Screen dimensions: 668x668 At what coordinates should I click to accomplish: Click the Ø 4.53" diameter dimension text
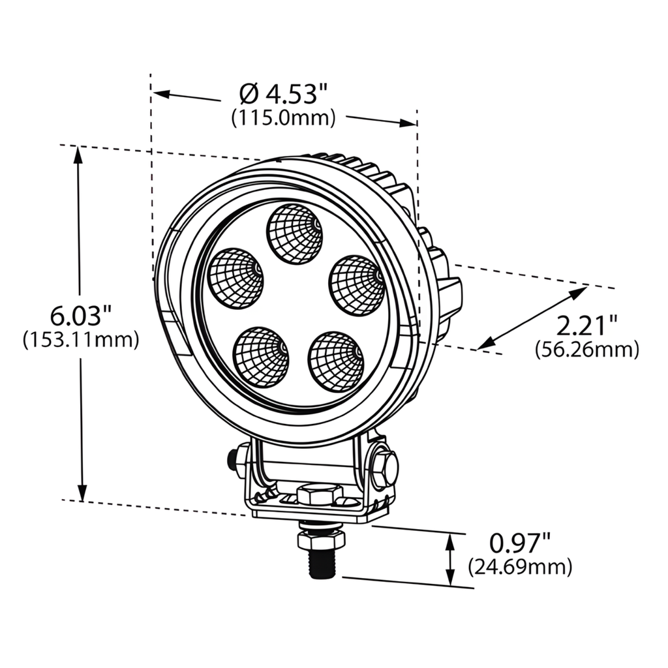point(282,95)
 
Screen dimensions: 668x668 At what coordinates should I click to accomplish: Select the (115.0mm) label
point(283,118)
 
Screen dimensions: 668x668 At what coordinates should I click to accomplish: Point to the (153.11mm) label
point(81,340)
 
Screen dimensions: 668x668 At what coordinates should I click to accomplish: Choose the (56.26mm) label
point(586,350)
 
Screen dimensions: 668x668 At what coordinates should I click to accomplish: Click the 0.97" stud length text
point(520,543)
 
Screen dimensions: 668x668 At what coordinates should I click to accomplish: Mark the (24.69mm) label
point(520,566)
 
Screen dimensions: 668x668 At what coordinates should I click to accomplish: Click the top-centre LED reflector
point(295,234)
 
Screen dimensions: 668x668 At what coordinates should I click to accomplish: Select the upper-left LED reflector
point(235,279)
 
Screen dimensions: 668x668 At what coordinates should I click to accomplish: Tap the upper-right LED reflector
point(356,284)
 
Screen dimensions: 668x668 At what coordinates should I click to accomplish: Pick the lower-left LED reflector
point(261,357)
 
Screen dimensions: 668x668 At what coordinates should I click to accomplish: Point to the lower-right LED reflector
point(336,362)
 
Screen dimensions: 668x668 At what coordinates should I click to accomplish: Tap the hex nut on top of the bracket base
point(320,494)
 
